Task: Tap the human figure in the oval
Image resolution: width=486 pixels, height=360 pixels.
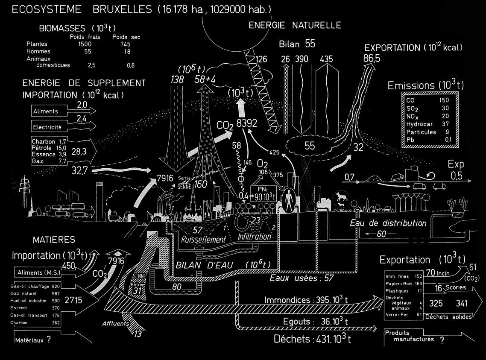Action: [290, 199]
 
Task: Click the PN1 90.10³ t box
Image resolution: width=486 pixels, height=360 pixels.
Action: [264, 193]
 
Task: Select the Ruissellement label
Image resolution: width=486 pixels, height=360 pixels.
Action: [203, 240]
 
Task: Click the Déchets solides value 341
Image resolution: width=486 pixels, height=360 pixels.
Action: [462, 304]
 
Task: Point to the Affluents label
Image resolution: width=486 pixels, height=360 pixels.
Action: [115, 324]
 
